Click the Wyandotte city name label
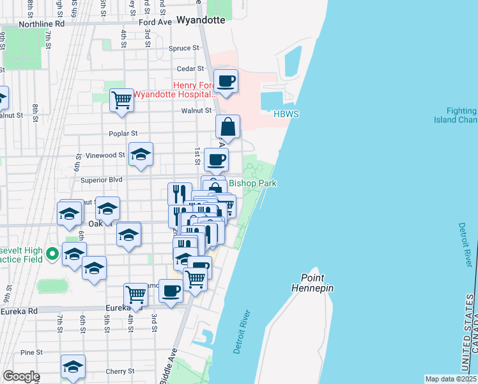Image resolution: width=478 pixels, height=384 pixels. (x=201, y=20)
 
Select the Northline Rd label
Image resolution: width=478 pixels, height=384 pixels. (x=42, y=24)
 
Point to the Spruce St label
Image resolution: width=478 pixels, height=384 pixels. (x=180, y=48)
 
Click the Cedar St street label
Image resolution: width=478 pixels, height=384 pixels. (x=191, y=68)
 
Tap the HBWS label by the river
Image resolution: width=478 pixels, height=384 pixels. (x=286, y=114)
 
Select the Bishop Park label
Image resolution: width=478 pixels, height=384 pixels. (x=252, y=184)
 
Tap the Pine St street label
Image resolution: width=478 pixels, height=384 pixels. (x=31, y=352)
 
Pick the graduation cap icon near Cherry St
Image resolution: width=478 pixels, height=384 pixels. (x=73, y=367)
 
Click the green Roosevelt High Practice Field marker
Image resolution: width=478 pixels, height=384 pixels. (x=52, y=253)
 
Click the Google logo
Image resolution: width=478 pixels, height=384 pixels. (x=21, y=376)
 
